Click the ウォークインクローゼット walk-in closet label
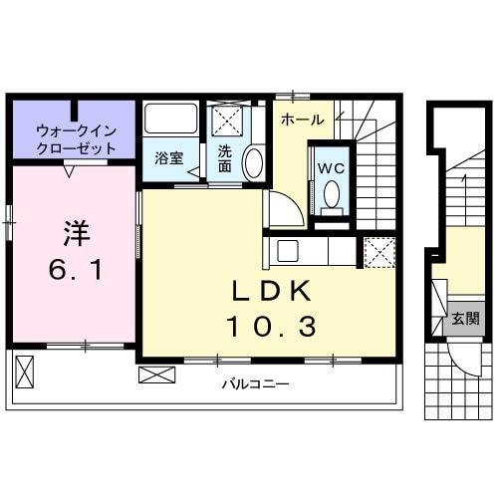77,137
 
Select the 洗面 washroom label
225,158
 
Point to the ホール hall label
302,120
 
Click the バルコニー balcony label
248,383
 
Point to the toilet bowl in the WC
332,195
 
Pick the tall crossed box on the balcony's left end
25,371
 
